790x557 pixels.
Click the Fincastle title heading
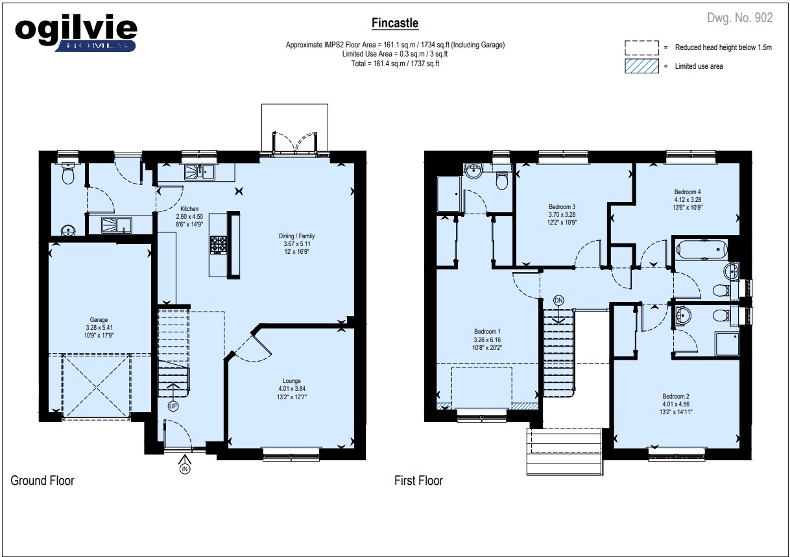coord(394,23)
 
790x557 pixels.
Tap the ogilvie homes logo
coord(76,33)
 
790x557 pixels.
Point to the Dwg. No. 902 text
coord(739,18)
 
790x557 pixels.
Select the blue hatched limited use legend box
coord(641,66)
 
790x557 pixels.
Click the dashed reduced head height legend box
coord(641,47)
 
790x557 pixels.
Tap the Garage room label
coord(99,320)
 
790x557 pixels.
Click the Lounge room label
coord(291,381)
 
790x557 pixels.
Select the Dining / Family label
coord(296,236)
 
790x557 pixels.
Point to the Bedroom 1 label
coord(487,332)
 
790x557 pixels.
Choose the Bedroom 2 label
coord(676,396)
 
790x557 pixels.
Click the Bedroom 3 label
coord(562,207)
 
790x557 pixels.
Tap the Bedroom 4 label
coord(688,192)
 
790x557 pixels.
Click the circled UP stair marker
coord(173,406)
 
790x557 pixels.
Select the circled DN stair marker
coord(558,301)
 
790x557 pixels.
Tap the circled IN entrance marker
coord(184,469)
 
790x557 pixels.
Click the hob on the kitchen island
coord(219,245)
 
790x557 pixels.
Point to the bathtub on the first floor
coord(702,250)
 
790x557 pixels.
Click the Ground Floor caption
coord(42,480)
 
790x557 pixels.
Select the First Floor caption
coord(418,480)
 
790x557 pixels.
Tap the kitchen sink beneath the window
coord(199,172)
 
